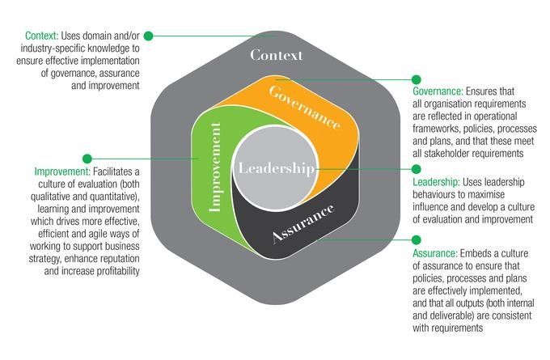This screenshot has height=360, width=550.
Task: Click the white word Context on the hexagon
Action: (276, 55)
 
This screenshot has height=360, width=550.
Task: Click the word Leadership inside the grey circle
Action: (274, 168)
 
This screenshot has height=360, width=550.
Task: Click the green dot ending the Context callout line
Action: (148, 36)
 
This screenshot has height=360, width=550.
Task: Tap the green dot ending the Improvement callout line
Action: (87, 159)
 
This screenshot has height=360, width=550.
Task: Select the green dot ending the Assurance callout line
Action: (417, 240)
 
